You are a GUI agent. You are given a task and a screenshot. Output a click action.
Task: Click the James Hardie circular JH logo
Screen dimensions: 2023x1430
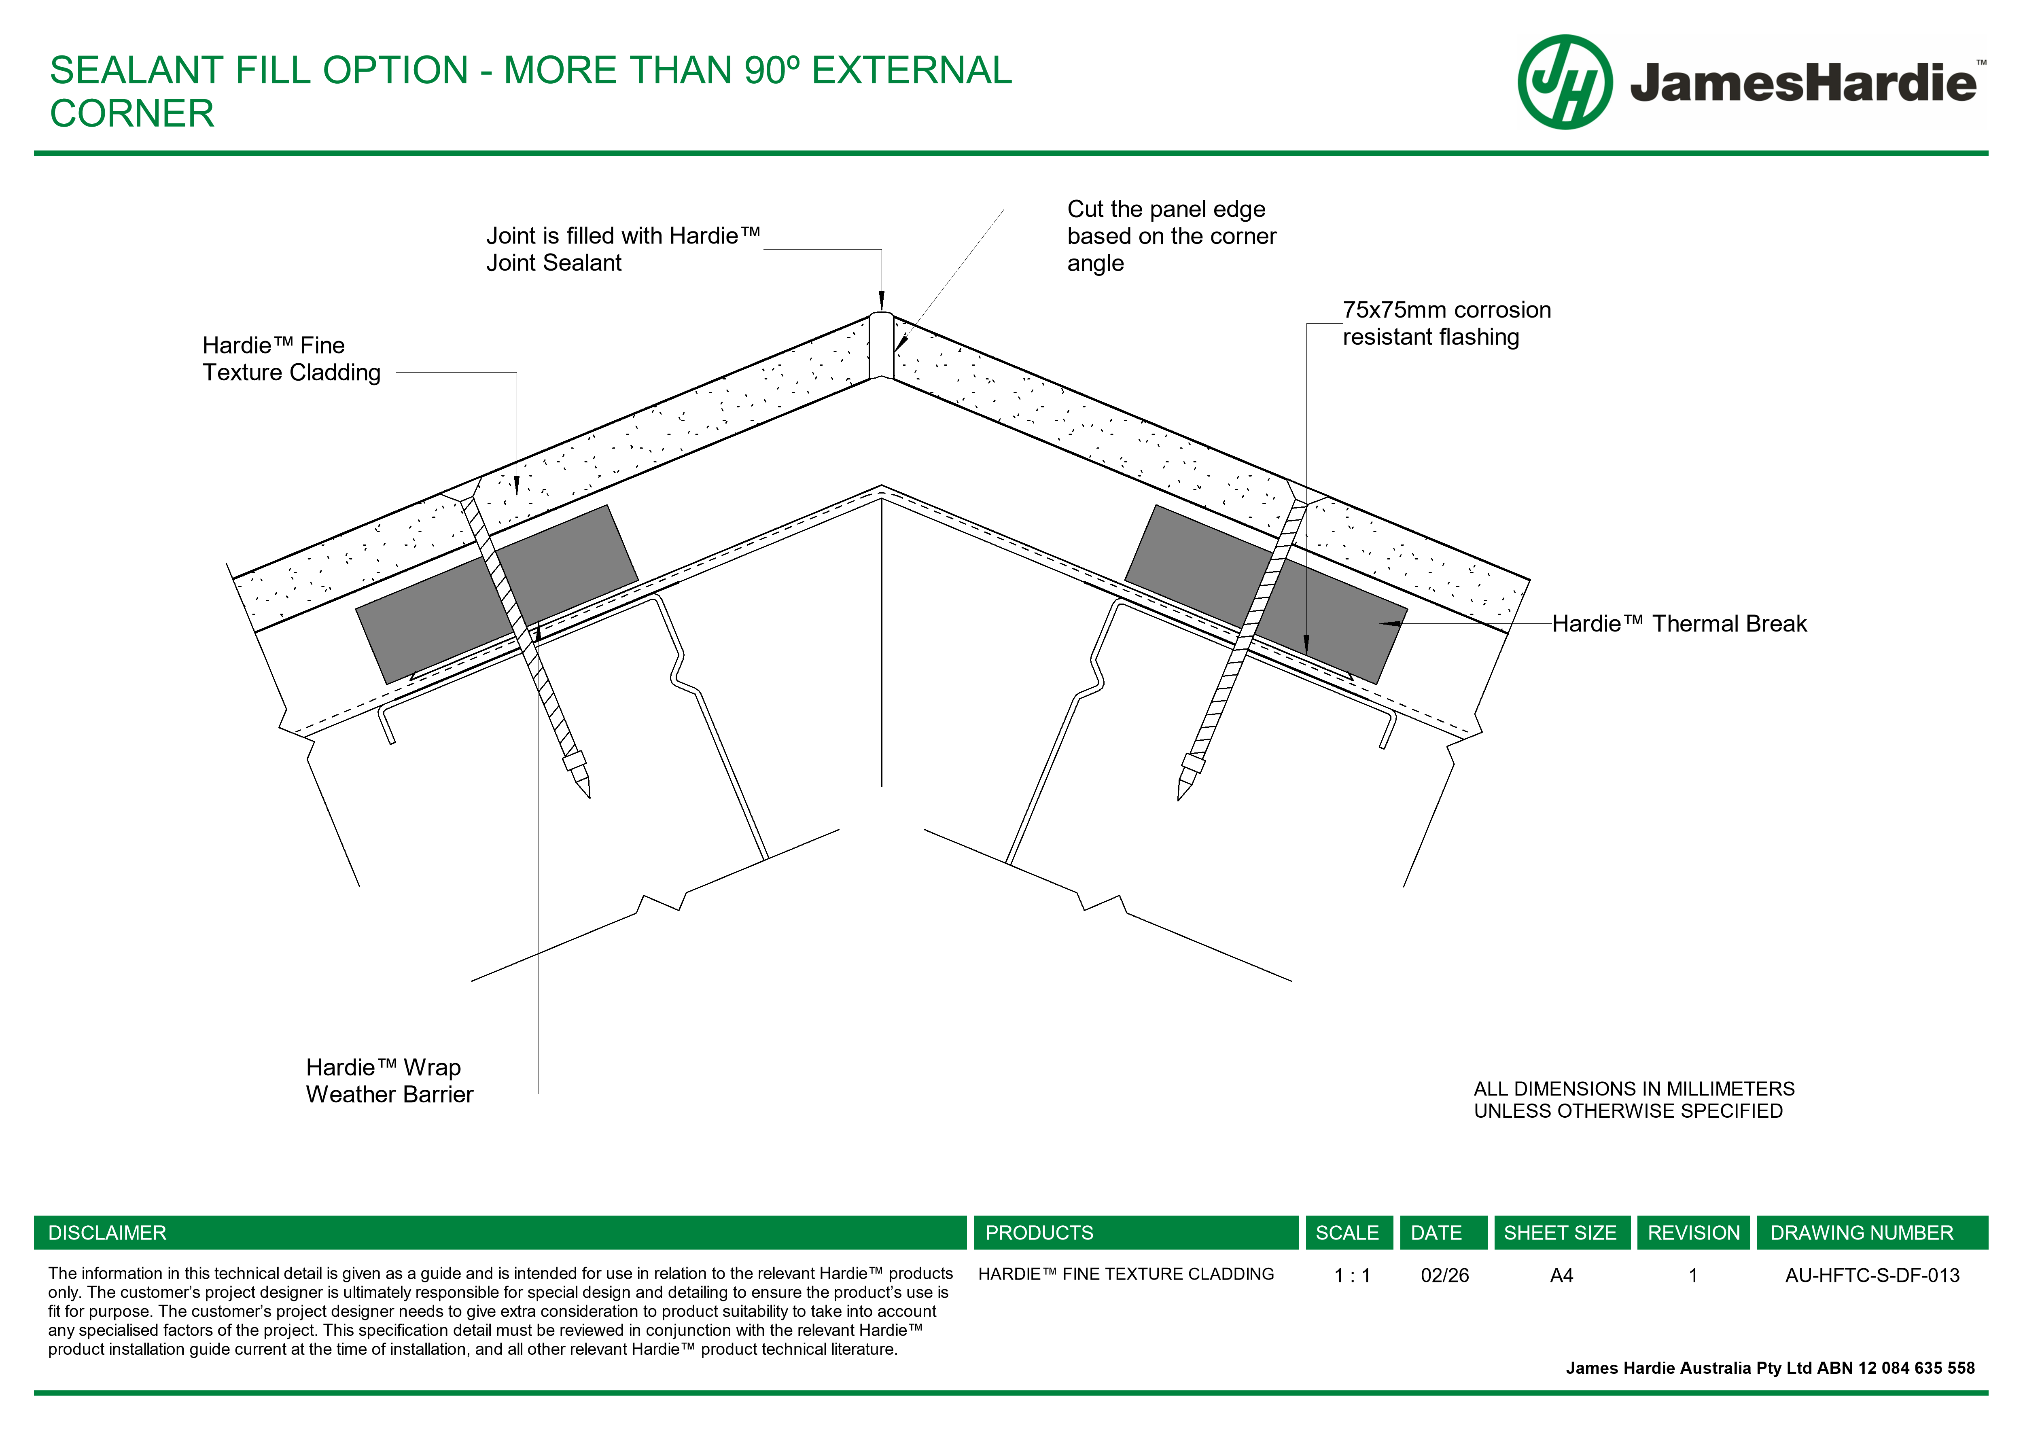(1565, 82)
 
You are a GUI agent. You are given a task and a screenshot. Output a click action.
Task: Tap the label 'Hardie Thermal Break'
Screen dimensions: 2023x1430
(1679, 624)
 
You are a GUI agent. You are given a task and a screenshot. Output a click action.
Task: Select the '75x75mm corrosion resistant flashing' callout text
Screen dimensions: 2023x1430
(1446, 323)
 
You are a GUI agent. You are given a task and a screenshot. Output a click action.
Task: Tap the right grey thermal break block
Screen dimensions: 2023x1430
(1266, 595)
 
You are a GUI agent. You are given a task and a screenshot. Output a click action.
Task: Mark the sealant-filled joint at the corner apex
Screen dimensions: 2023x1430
(881, 345)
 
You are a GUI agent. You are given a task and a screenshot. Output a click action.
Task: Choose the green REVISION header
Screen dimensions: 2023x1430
(1694, 1233)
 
